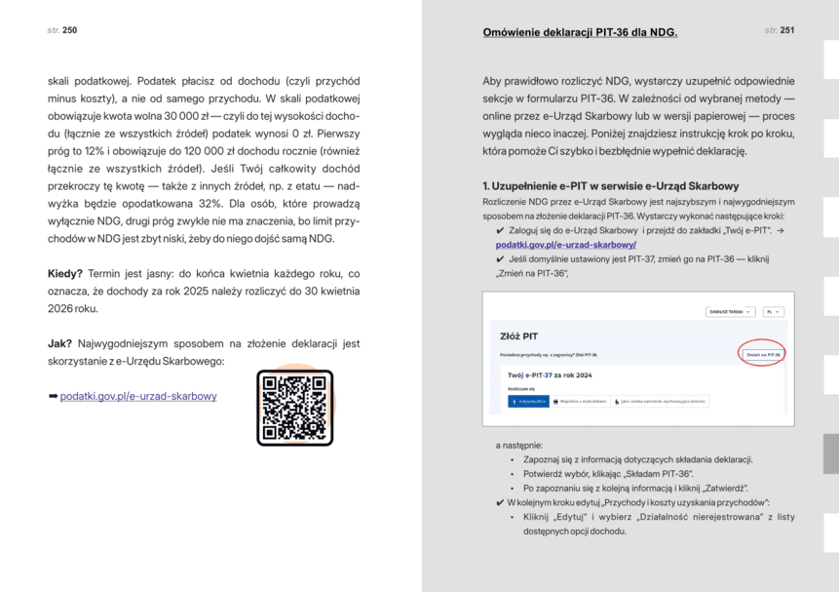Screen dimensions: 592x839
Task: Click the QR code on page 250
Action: [x=294, y=408]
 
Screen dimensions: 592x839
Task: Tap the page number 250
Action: [x=69, y=31]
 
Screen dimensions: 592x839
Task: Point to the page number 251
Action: [x=786, y=31]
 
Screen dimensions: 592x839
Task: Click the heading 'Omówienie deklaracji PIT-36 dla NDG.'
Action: [x=580, y=33]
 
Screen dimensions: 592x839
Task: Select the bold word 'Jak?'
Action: [x=61, y=343]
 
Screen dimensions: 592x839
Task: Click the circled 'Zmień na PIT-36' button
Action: [x=763, y=354]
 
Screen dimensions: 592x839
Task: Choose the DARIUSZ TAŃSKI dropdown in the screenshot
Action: [x=730, y=311]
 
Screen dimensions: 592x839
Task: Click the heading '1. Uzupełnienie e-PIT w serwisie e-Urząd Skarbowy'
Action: [x=610, y=185]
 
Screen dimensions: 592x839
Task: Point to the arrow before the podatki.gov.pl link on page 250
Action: [x=53, y=396]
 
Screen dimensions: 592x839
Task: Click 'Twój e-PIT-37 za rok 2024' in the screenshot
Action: [x=551, y=375]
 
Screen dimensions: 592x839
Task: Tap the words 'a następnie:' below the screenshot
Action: [x=518, y=446]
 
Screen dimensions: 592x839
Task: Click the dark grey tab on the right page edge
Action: [x=830, y=454]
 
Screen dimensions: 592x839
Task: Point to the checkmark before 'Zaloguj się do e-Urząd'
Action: [x=500, y=230]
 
